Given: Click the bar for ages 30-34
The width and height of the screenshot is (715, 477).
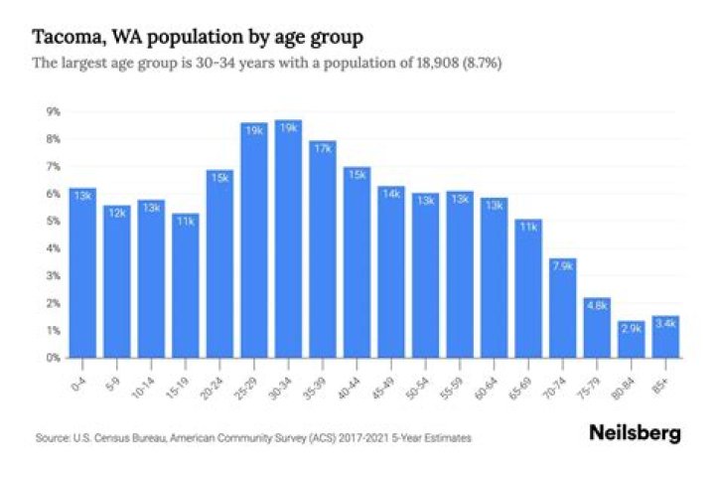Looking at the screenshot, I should [x=288, y=238].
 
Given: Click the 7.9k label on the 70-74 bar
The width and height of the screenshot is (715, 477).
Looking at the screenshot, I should [x=560, y=267].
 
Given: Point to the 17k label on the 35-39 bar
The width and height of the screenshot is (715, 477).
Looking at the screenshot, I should [x=322, y=148].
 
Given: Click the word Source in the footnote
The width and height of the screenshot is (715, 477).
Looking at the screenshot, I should [x=49, y=436].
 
